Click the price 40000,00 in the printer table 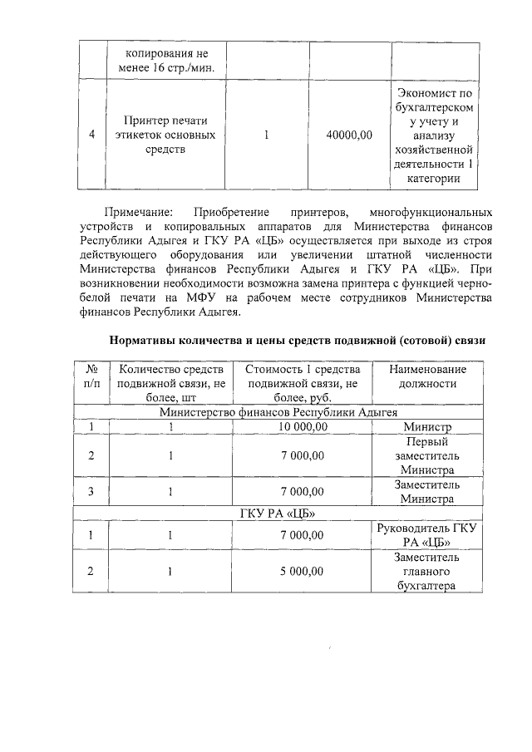pos(350,134)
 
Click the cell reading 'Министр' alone pos(427,426)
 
